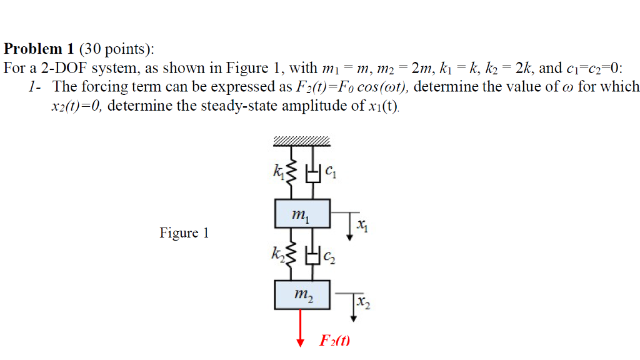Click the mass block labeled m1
coord(302,214)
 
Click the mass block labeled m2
coord(302,294)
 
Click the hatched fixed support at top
coord(302,141)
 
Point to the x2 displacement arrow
coord(354,306)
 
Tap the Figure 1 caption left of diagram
coord(184,234)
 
